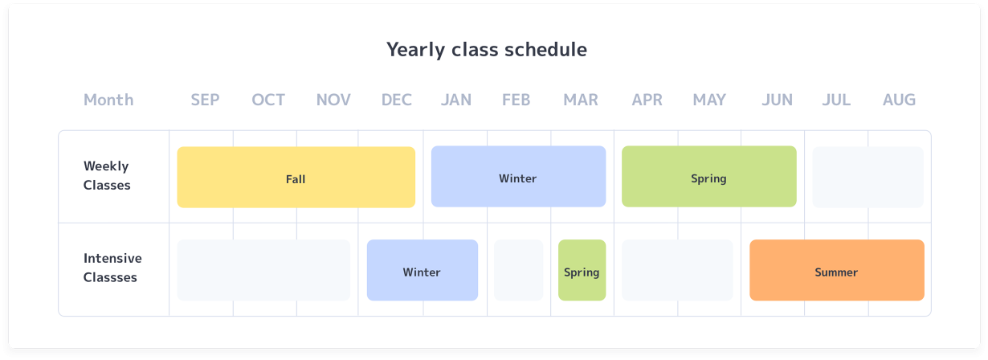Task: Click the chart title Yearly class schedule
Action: point(487,50)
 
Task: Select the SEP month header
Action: point(205,100)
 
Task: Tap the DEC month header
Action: point(397,100)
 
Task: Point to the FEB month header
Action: point(516,100)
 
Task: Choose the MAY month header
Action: point(709,100)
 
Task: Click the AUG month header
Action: point(899,100)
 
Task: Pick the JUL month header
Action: point(836,100)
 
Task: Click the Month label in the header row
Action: point(108,100)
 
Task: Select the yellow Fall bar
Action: point(296,177)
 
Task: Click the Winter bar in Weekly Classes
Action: point(518,177)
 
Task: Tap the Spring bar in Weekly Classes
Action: point(708,177)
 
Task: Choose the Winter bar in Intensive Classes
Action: point(422,270)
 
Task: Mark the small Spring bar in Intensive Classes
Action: point(582,270)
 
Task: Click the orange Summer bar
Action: point(837,270)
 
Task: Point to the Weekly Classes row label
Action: point(107,176)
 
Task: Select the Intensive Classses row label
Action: point(112,268)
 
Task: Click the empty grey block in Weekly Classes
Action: point(868,177)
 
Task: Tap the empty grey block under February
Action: point(518,270)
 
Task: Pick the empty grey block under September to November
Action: point(263,270)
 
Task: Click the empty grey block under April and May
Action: point(677,270)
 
